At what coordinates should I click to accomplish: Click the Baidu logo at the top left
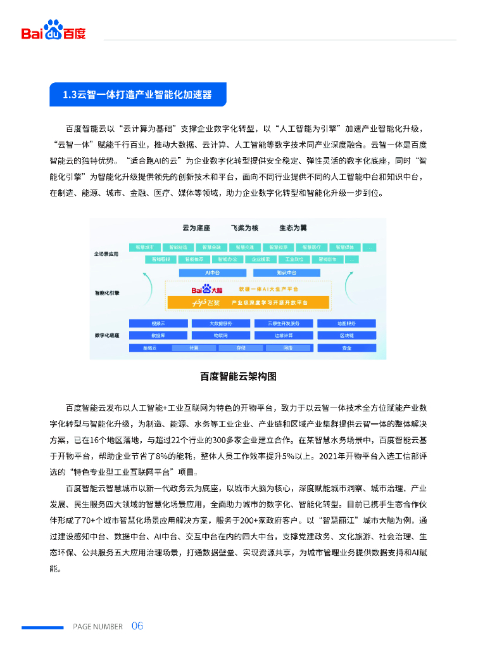[x=54, y=31]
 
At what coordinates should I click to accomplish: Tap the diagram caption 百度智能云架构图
[x=238, y=376]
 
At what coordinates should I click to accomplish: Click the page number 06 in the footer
[x=137, y=626]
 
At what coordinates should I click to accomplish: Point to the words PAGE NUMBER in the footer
[x=97, y=627]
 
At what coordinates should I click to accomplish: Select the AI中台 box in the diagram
[x=208, y=272]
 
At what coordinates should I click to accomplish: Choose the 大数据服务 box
[x=220, y=323]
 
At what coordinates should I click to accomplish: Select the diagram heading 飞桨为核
[x=244, y=228]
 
